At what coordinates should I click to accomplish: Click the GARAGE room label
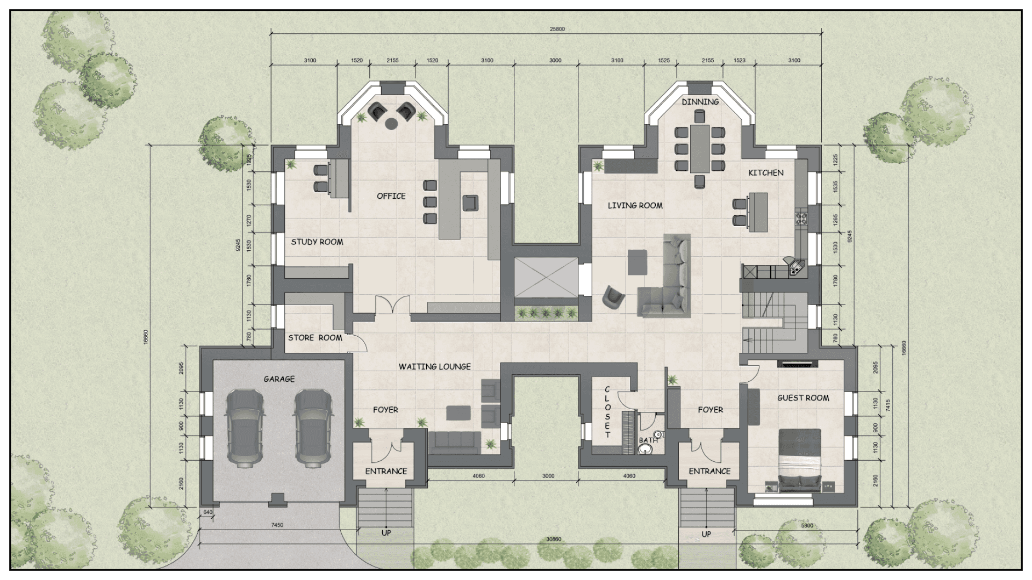point(279,379)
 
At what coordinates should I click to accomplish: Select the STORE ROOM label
point(315,338)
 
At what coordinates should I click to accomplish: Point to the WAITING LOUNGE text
point(434,367)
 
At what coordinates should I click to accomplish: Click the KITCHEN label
point(766,173)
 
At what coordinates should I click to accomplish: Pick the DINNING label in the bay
point(700,102)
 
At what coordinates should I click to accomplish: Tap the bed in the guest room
point(800,460)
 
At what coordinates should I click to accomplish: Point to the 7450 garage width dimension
point(277,525)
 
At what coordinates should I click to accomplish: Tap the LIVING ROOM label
point(635,205)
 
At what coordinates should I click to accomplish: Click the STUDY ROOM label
point(317,242)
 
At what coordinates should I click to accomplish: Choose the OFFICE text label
point(391,196)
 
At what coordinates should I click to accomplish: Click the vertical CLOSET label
point(607,412)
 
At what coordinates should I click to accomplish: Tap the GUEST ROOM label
point(803,398)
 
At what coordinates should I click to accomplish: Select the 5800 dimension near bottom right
point(807,526)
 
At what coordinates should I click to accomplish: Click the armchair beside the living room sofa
point(613,297)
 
